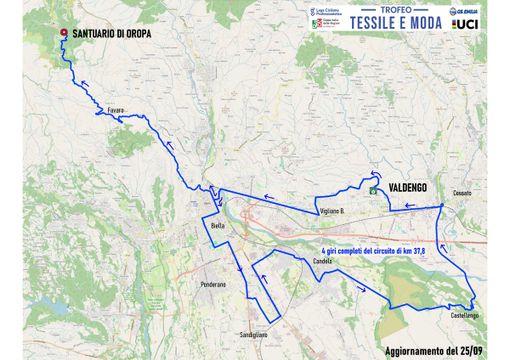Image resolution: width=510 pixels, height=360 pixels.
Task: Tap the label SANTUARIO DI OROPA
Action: click(115, 32)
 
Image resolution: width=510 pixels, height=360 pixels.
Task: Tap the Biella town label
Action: click(218, 226)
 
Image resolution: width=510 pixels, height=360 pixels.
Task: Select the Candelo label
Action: click(322, 260)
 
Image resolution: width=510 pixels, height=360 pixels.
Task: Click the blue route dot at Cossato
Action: click(443, 206)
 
